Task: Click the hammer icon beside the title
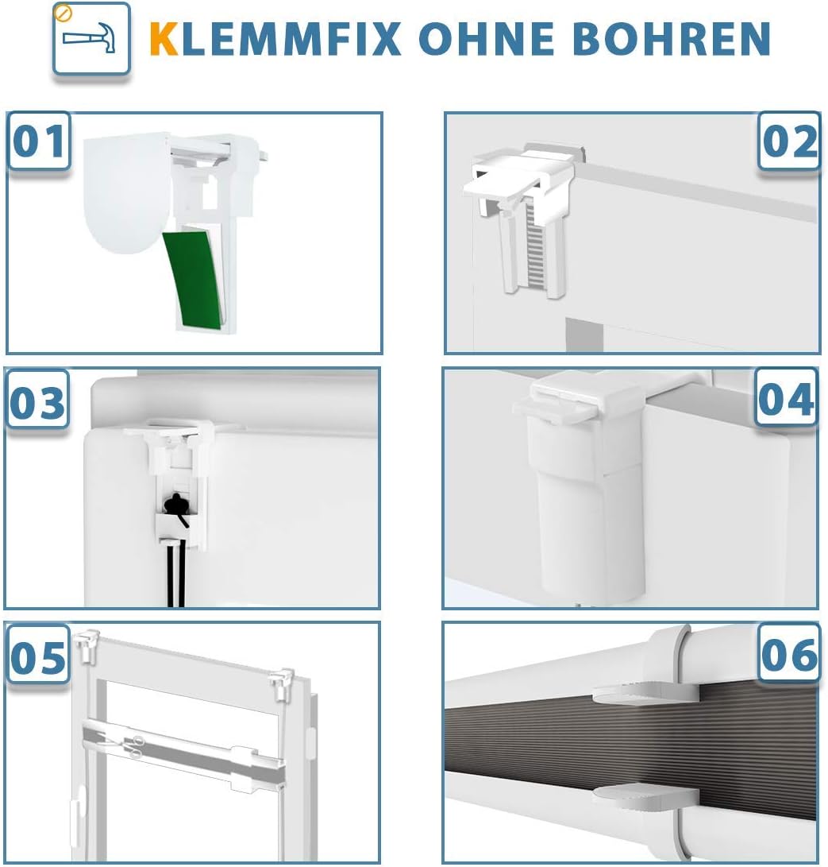click(x=91, y=38)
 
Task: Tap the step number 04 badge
click(x=786, y=399)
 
